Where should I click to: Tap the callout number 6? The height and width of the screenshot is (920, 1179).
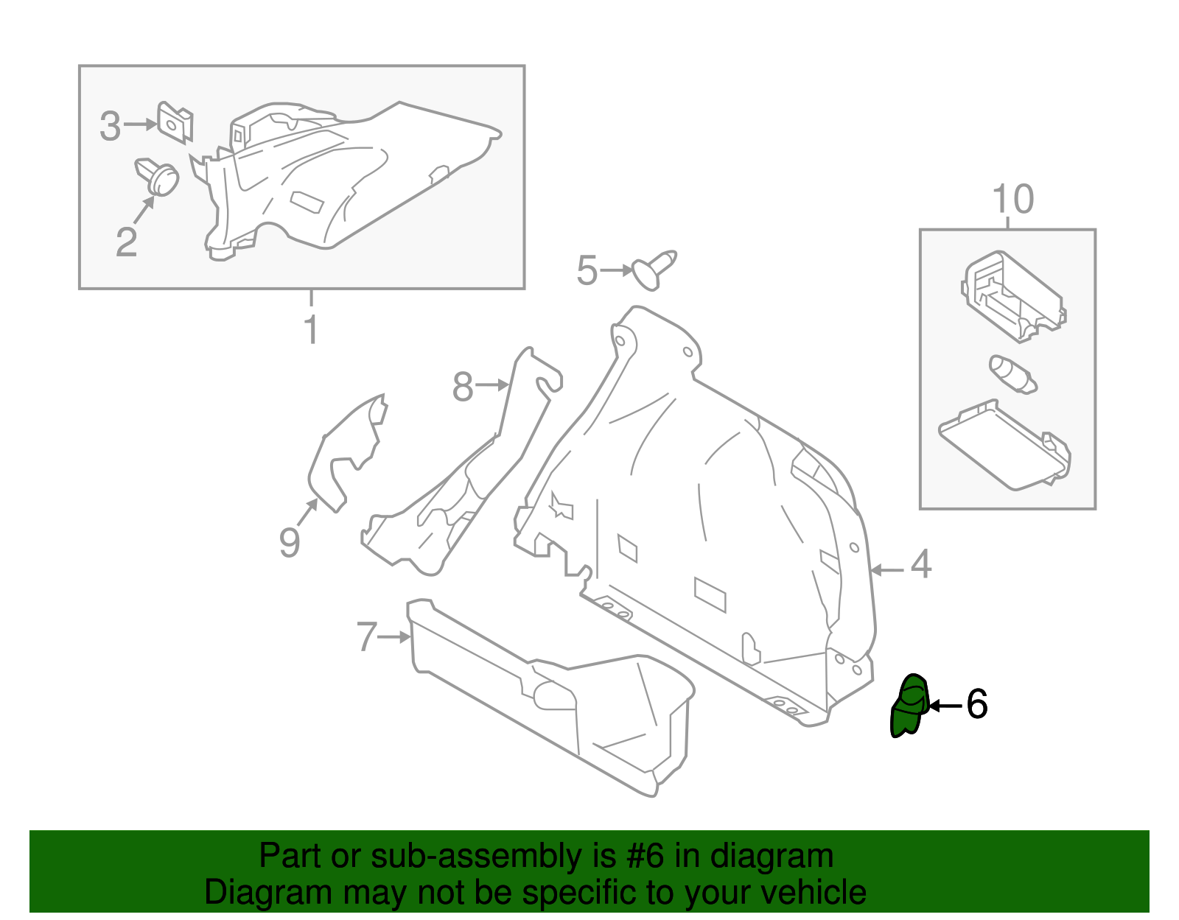pyautogui.click(x=976, y=704)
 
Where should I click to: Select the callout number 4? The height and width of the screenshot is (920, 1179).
pyautogui.click(x=921, y=565)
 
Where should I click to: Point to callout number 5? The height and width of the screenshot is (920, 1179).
pyautogui.click(x=587, y=270)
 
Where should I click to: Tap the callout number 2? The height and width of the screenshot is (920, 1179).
pyautogui.click(x=127, y=242)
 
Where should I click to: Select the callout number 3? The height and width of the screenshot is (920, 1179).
pyautogui.click(x=110, y=127)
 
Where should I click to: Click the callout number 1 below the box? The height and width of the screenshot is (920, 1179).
pyautogui.click(x=311, y=330)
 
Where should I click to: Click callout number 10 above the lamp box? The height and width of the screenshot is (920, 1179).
pyautogui.click(x=1013, y=200)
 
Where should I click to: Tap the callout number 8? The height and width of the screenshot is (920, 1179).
pyautogui.click(x=462, y=387)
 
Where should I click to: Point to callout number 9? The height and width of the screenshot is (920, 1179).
pyautogui.click(x=290, y=543)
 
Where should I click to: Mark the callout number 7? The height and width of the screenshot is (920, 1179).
pyautogui.click(x=366, y=637)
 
